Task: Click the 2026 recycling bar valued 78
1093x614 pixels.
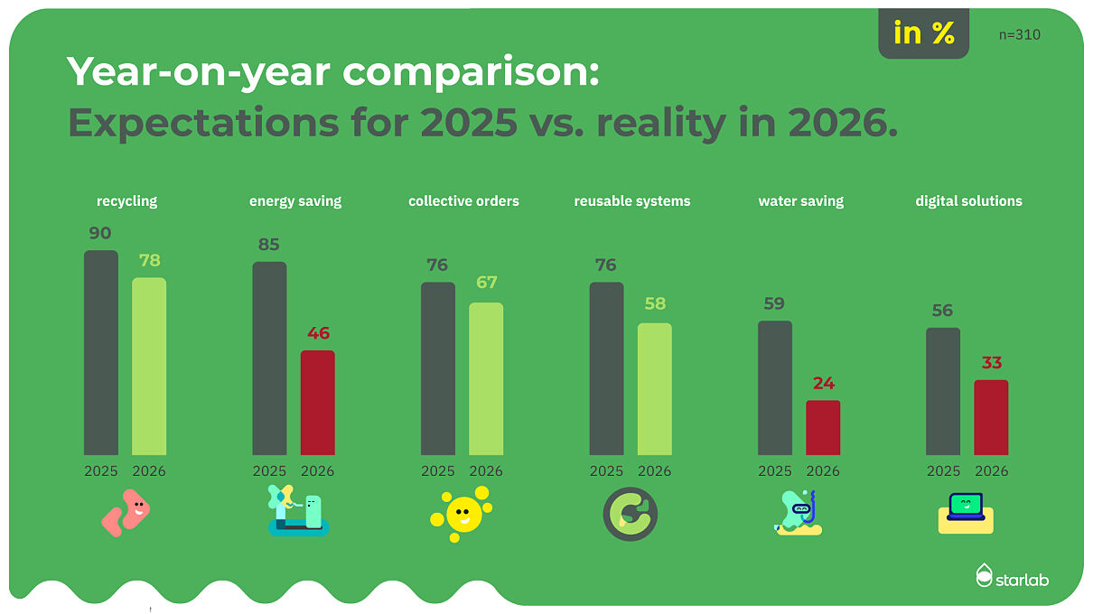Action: point(149,367)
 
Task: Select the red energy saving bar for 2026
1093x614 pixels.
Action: point(318,403)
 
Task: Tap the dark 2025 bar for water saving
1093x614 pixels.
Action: point(775,387)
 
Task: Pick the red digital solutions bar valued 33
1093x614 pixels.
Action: point(991,417)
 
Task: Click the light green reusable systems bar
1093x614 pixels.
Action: point(654,388)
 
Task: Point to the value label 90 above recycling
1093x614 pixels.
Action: point(100,233)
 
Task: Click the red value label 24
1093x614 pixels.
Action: point(824,384)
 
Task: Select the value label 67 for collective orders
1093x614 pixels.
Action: point(487,283)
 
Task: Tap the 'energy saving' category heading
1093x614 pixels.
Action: point(295,201)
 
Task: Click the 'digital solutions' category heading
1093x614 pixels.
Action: point(968,201)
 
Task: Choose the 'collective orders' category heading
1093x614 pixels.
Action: point(463,201)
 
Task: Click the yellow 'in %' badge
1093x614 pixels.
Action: point(924,33)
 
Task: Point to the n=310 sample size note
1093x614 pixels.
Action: point(1019,35)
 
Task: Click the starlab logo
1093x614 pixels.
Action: point(1012,576)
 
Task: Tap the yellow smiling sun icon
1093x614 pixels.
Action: point(462,514)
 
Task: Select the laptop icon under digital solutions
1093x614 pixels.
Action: point(966,513)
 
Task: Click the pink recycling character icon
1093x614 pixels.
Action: point(126,513)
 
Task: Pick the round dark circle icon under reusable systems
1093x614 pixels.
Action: point(630,514)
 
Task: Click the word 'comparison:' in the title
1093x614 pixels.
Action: point(471,72)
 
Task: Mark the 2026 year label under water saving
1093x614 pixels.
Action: point(823,471)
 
